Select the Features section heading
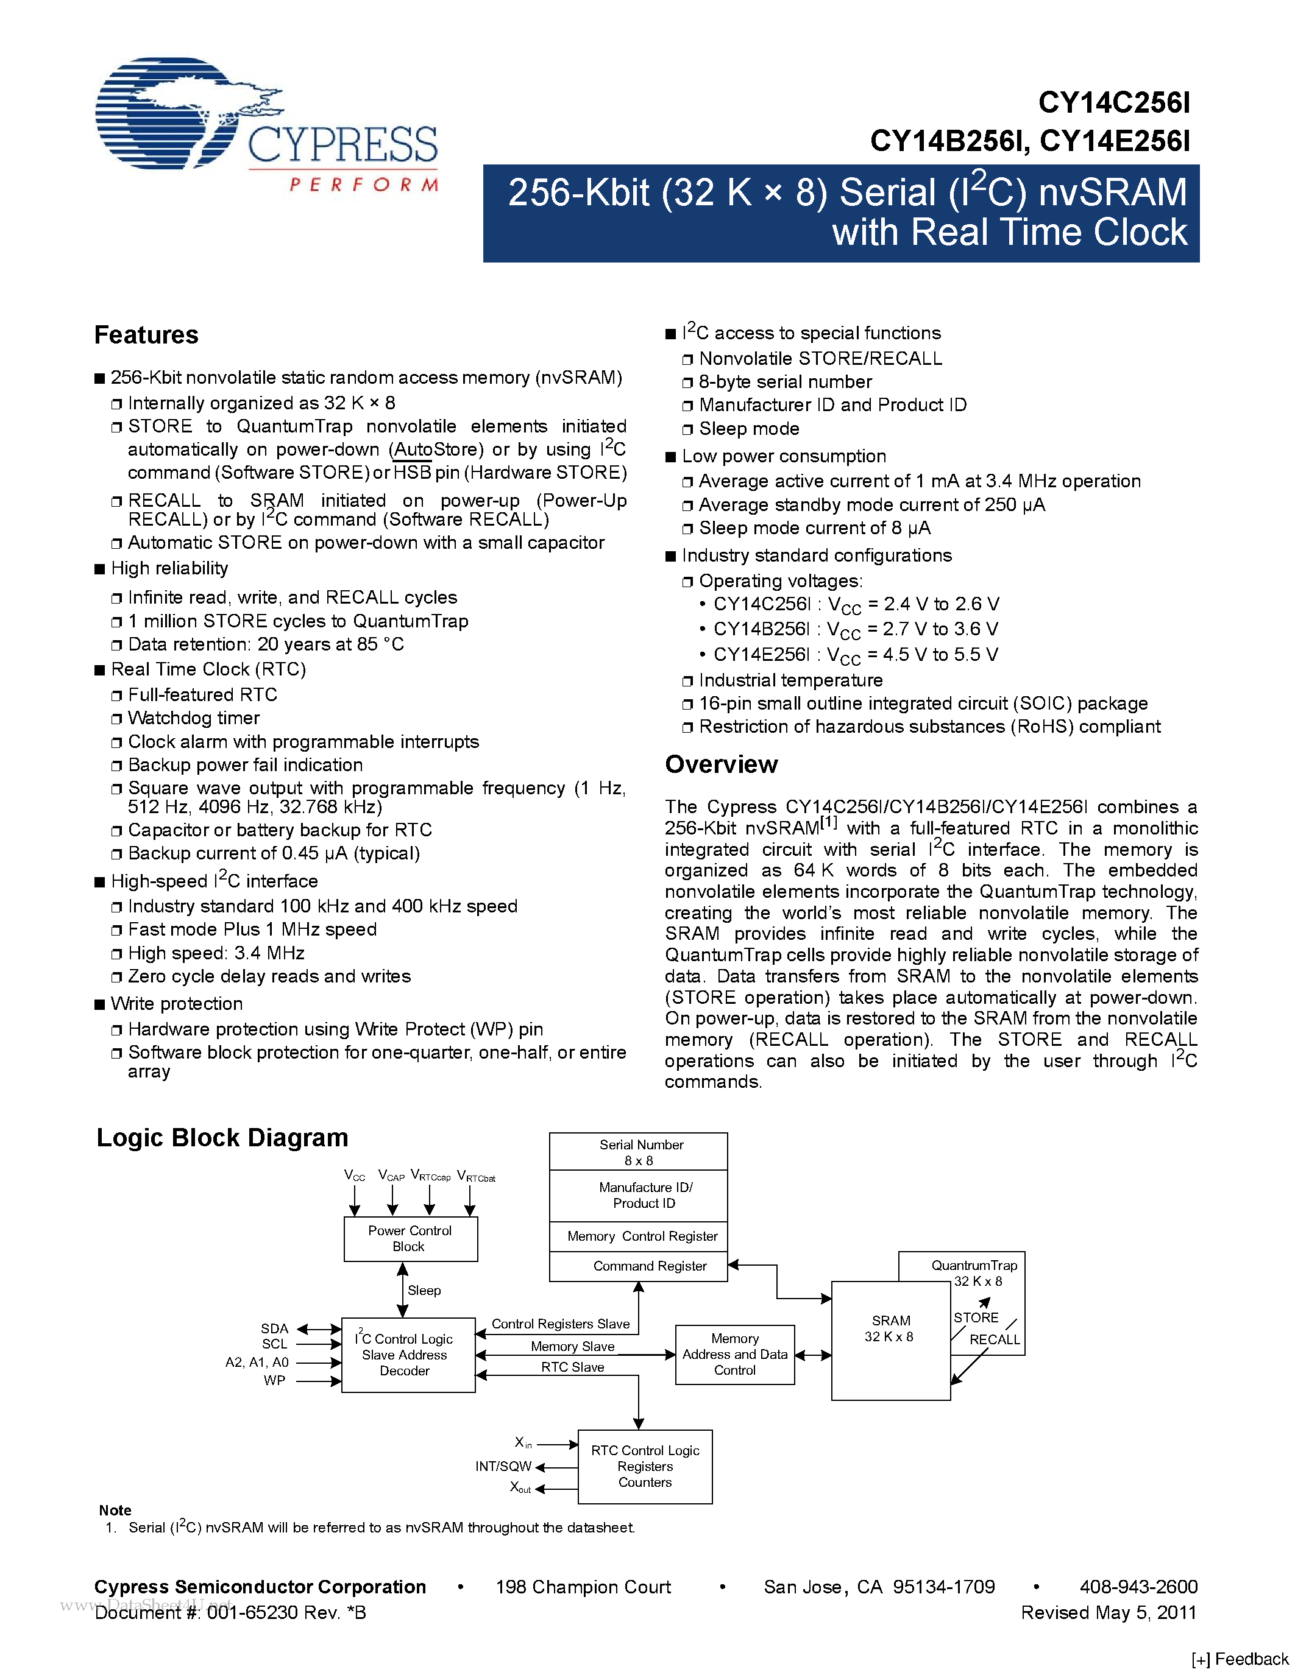point(146,335)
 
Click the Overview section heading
point(720,764)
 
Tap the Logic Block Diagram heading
point(222,1137)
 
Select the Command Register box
point(638,1266)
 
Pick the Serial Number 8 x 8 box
point(638,1152)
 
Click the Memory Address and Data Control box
point(734,1355)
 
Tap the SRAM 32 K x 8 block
point(890,1341)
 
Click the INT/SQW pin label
point(503,1467)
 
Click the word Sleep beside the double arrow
point(424,1291)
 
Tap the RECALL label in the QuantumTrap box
point(995,1340)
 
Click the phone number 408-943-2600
point(1138,1587)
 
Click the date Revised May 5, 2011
point(1108,1612)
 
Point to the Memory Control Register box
point(638,1236)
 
